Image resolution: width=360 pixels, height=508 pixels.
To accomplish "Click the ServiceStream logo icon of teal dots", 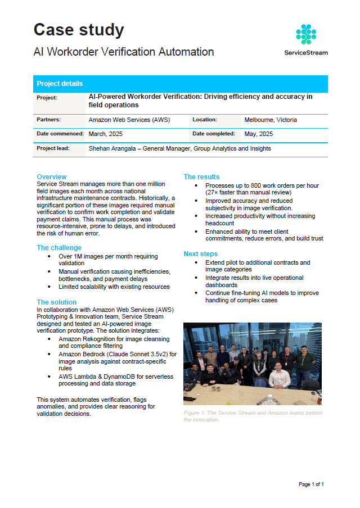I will coord(306,34).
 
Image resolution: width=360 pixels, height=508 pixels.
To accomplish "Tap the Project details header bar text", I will coord(60,84).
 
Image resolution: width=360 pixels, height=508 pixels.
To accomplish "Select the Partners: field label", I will coord(49,120).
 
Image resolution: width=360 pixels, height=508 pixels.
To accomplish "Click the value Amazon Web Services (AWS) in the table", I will coord(129,120).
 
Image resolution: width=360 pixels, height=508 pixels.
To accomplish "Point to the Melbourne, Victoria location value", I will coord(271,120).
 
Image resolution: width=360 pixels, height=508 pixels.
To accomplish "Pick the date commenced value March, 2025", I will coord(105,134).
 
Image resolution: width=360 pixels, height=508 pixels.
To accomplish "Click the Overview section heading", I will coord(52,176).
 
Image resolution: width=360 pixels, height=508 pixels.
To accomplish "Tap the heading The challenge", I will coord(59,247).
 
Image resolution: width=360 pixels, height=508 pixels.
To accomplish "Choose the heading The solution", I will coord(57,302).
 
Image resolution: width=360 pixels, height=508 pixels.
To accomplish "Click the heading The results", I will coord(201,176).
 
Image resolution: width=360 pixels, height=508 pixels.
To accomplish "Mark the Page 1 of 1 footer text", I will coord(311,484).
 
